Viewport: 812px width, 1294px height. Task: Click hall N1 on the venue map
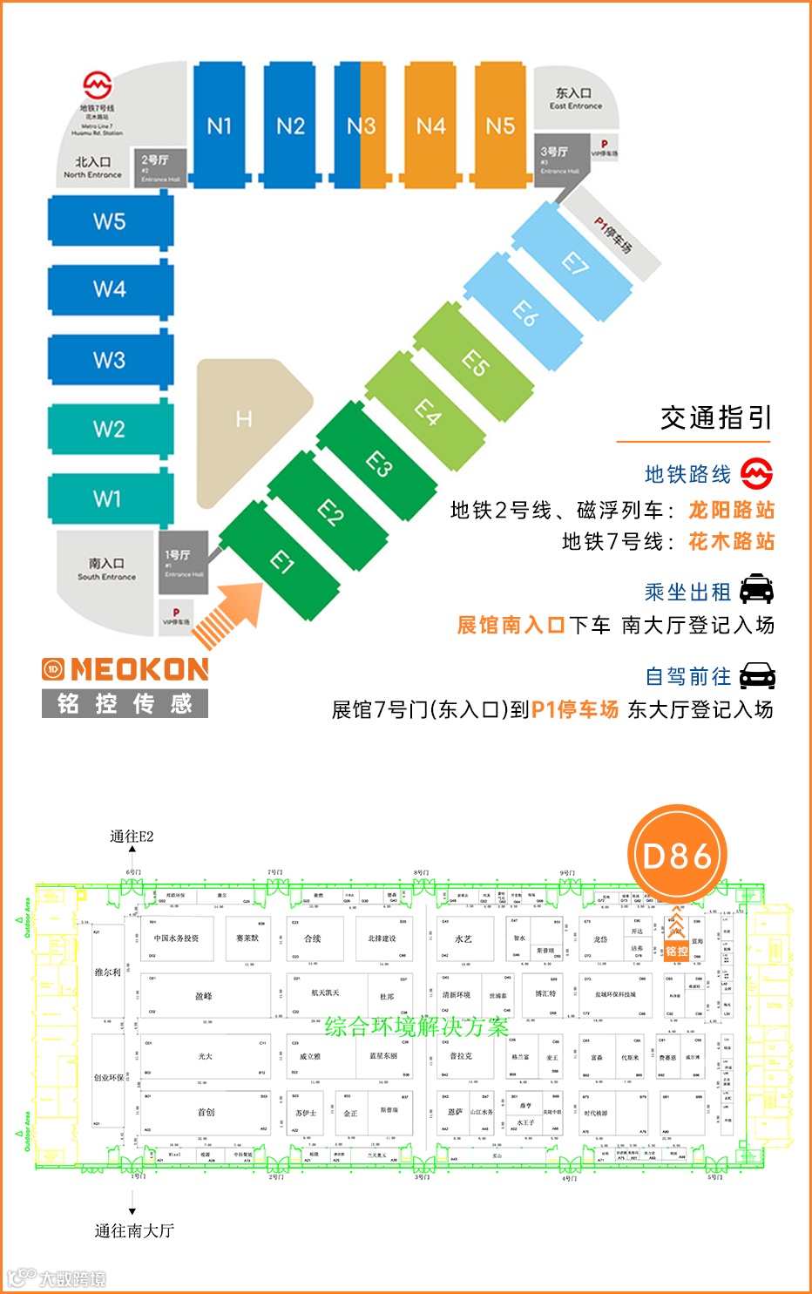(219, 126)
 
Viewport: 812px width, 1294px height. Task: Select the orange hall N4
(430, 126)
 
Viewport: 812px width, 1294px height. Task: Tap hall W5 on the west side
(110, 221)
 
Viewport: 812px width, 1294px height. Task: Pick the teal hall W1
(108, 498)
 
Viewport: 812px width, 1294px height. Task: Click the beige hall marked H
(247, 421)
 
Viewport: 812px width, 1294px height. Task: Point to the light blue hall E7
(573, 261)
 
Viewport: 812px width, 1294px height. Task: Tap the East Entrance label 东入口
(574, 94)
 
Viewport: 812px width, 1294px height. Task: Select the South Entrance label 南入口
(106, 564)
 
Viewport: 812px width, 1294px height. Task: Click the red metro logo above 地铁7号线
(98, 85)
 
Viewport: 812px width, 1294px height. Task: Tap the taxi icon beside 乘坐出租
(756, 591)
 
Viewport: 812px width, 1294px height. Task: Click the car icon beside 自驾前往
(756, 675)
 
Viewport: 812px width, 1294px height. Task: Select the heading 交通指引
(716, 418)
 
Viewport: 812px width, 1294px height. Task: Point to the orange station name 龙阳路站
(731, 510)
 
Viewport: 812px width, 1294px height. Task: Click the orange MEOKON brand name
(139, 669)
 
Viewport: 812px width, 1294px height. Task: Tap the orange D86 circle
(677, 855)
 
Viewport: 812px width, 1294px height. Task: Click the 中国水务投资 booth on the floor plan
(177, 938)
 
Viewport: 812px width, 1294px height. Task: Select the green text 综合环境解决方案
(416, 1026)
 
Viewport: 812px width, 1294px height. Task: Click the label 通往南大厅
(134, 1230)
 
